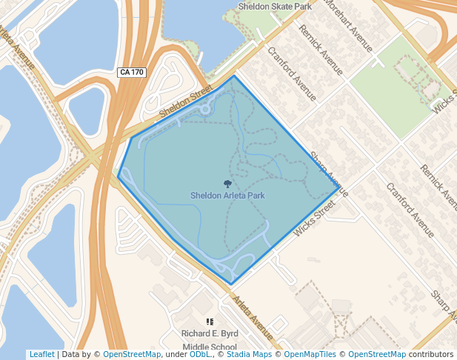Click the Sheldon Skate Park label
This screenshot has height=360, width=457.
click(274, 7)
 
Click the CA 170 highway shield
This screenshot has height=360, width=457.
click(133, 73)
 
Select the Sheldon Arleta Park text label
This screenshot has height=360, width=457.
click(227, 196)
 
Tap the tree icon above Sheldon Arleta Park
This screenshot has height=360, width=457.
click(227, 183)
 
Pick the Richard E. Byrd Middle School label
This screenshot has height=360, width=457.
click(210, 340)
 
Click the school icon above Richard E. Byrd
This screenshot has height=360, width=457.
click(210, 321)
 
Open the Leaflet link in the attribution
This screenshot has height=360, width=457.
click(41, 354)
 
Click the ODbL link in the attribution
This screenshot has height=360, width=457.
click(199, 354)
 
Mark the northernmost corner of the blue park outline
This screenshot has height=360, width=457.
click(235, 76)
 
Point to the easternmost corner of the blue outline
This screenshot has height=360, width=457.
click(340, 187)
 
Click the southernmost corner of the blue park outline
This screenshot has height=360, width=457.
click(231, 284)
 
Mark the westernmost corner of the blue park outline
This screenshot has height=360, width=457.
click(119, 176)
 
